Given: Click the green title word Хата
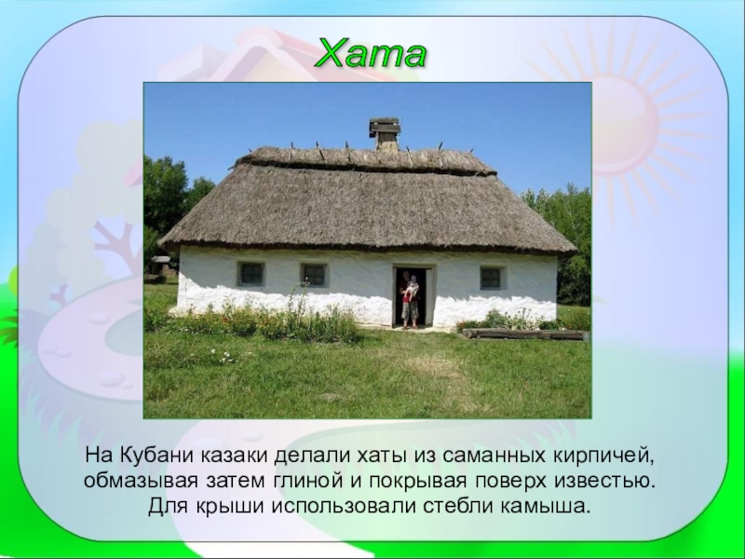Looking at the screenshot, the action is [371, 53].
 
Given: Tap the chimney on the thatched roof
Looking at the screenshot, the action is [385, 134].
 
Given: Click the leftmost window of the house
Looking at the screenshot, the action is [251, 274].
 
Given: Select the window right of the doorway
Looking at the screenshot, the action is [492, 278].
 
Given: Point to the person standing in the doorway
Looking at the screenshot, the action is [410, 300].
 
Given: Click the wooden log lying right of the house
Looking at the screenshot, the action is [524, 334].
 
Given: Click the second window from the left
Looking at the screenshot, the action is [314, 275].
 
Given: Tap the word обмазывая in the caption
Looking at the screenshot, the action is [141, 481].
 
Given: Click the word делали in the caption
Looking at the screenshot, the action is [312, 456].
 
